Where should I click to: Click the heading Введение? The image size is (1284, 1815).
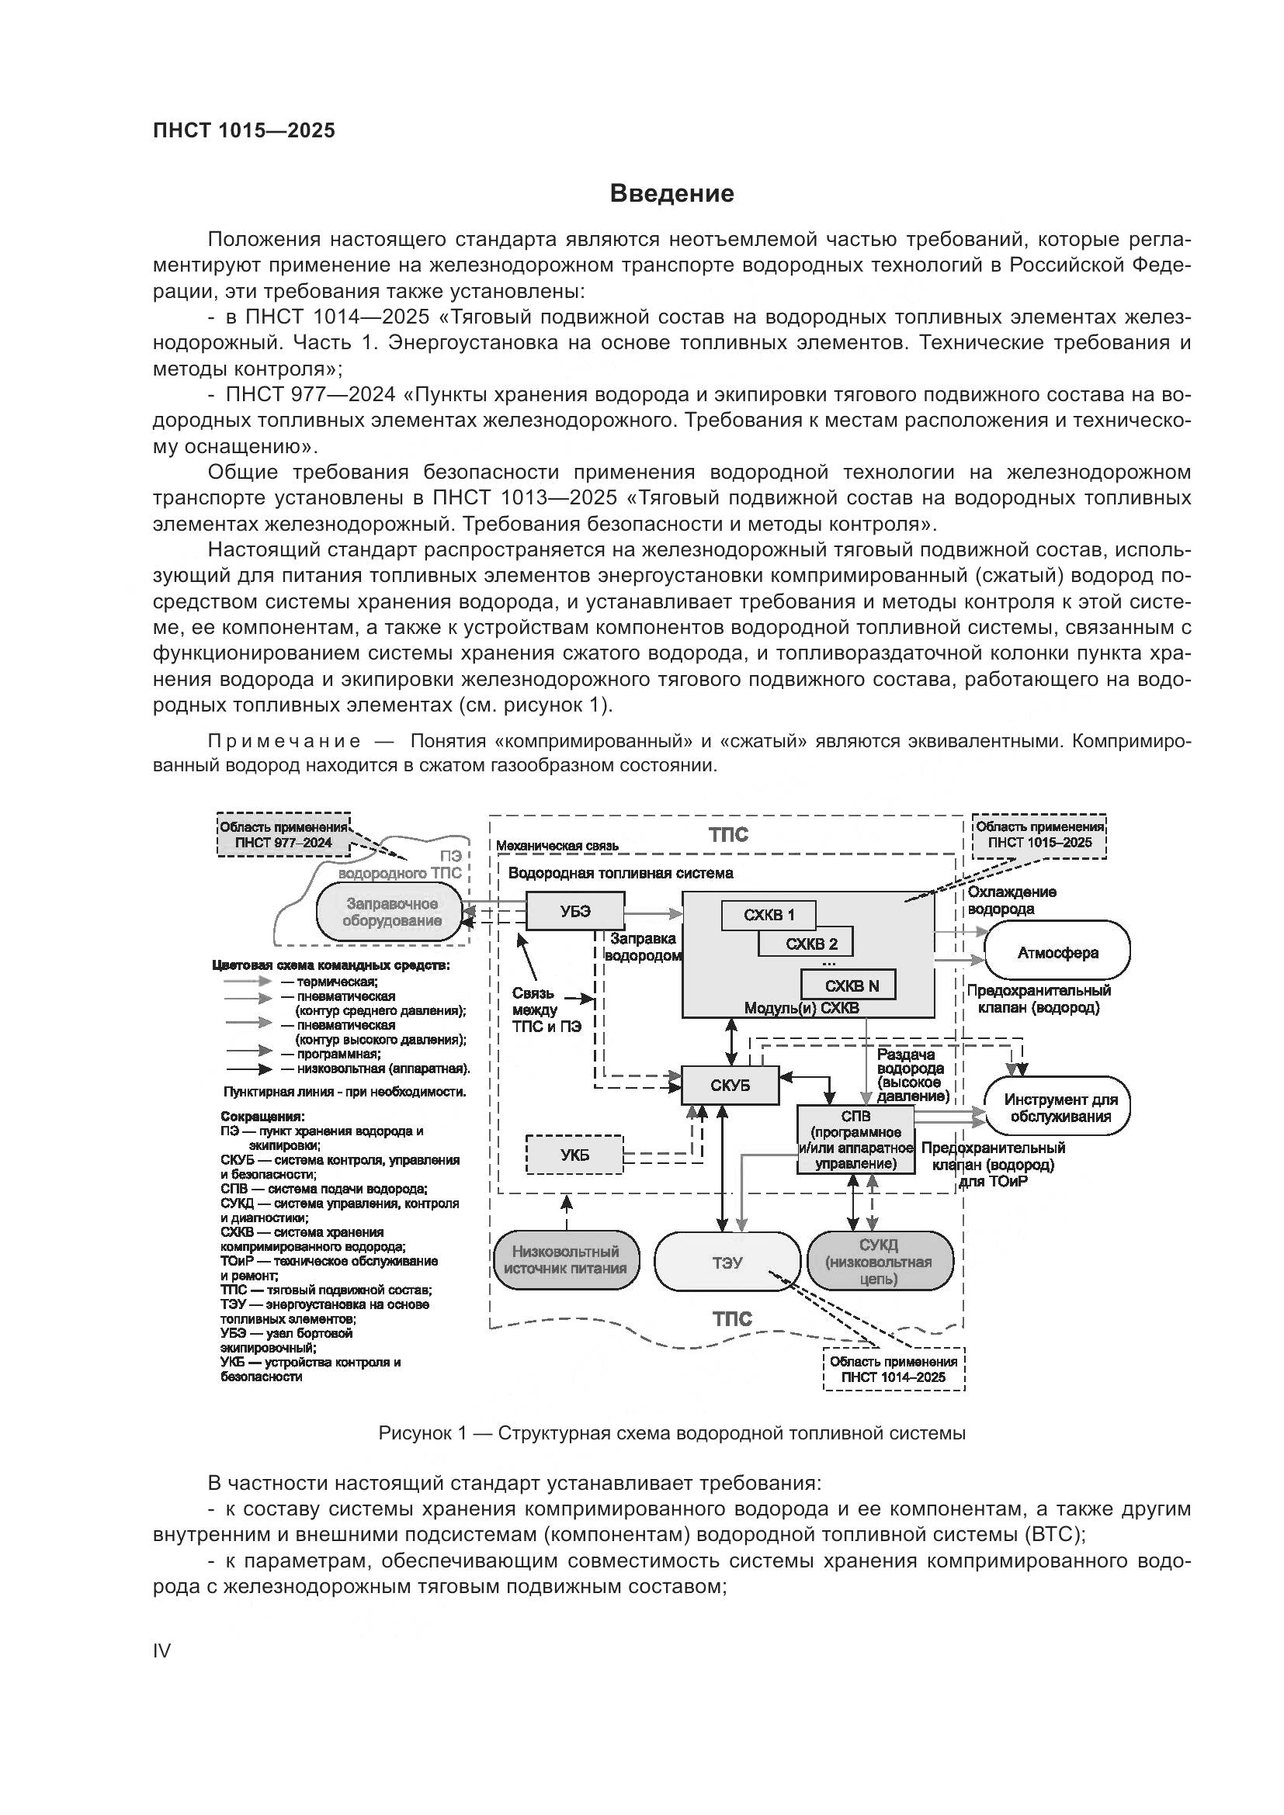671,194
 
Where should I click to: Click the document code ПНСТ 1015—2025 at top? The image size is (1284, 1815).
244,130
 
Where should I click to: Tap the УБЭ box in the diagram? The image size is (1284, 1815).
574,912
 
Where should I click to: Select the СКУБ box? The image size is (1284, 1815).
730,1086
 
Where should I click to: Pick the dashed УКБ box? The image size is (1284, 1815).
574,1155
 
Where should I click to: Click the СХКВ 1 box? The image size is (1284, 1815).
768,916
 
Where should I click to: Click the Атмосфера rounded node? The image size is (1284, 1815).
1057,953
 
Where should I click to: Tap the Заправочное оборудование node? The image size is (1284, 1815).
391,913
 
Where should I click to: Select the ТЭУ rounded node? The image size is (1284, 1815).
727,1263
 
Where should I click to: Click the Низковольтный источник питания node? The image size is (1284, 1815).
565,1260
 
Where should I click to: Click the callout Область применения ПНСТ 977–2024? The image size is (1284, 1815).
283,835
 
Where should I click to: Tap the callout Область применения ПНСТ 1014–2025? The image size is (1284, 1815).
893,1369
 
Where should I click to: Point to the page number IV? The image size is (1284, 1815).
161,1650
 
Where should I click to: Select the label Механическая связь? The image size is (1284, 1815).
557,846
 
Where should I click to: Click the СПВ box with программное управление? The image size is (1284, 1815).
855,1139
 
